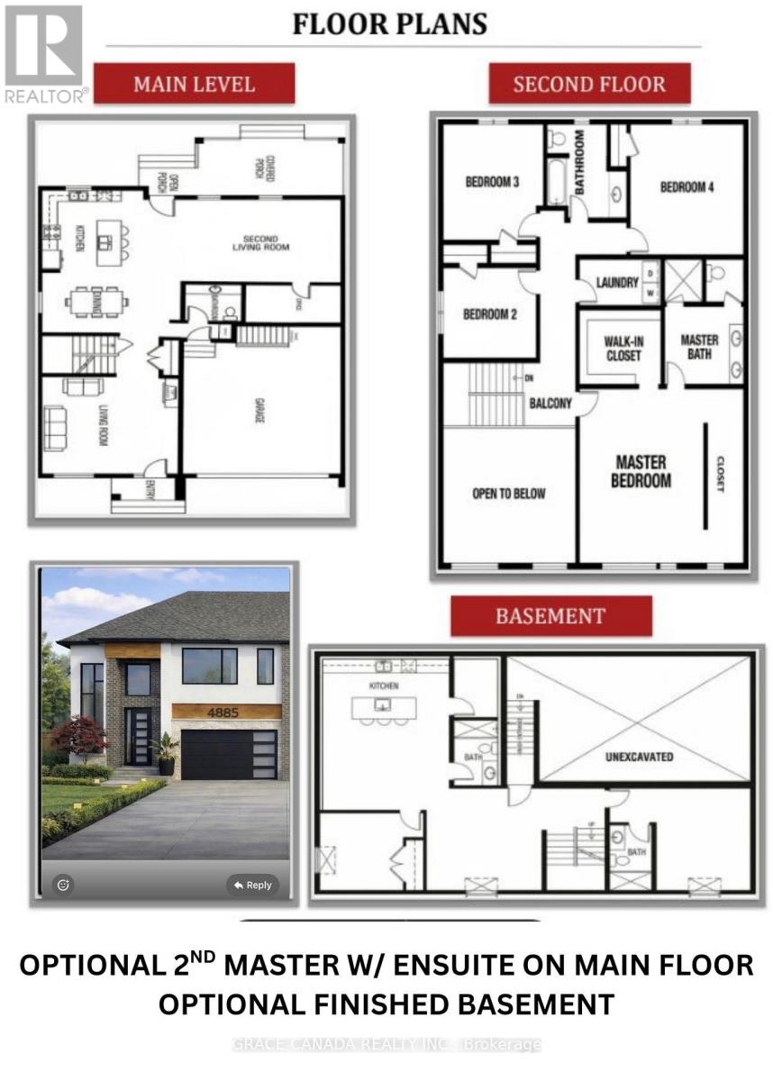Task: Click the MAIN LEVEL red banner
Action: (194, 85)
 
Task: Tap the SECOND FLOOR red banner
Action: (589, 85)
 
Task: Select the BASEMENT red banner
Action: (550, 617)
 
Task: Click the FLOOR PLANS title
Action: (389, 23)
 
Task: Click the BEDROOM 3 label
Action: (492, 182)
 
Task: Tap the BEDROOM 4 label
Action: (687, 187)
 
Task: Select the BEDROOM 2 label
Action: (489, 314)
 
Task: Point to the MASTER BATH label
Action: (699, 347)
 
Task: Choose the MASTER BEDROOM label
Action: (641, 471)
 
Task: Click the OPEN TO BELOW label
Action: (508, 494)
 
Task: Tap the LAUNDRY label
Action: (617, 283)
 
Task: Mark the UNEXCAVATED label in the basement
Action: (639, 757)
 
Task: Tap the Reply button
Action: (252, 885)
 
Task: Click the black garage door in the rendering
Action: (229, 754)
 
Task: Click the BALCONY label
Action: (550, 404)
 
